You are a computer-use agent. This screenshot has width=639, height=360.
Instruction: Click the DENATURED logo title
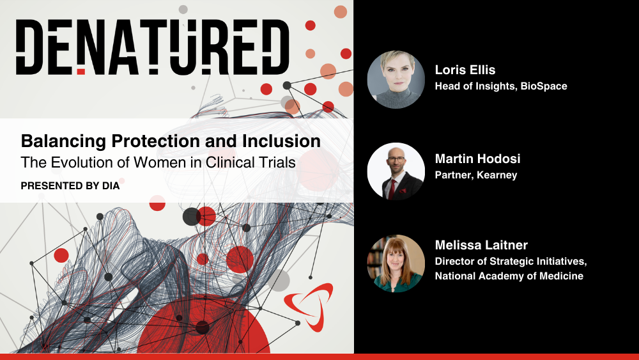(153, 47)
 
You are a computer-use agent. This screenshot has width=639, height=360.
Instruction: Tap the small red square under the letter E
(81, 72)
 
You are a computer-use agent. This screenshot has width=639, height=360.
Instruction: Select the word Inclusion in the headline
(281, 141)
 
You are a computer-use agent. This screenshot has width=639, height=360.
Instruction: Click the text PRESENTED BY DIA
(70, 186)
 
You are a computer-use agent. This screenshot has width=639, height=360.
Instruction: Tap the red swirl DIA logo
(309, 306)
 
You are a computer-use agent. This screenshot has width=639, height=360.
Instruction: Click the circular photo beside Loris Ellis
(396, 79)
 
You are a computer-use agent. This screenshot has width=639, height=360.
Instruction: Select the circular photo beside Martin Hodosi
(396, 171)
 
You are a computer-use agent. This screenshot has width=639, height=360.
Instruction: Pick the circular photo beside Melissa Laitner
(396, 263)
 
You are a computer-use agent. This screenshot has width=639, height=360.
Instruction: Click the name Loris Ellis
(465, 70)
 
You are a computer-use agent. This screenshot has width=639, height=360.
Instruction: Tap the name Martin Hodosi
(477, 159)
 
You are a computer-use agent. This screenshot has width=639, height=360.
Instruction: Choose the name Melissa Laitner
(481, 245)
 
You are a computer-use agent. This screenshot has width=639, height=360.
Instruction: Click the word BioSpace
(544, 86)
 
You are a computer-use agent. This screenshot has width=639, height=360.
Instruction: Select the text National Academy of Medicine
(509, 276)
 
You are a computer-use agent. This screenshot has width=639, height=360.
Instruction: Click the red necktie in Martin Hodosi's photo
(392, 189)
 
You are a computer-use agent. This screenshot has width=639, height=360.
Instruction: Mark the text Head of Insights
(475, 86)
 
